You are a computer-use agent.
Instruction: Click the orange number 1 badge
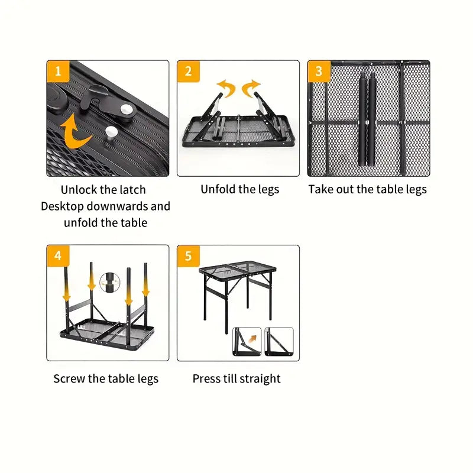(58, 72)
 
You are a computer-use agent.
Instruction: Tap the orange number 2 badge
(188, 72)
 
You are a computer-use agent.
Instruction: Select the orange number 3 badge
(319, 72)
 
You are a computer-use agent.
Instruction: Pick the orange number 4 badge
(58, 256)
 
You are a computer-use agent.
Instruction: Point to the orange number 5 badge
(188, 256)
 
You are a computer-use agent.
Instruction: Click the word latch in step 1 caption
(131, 190)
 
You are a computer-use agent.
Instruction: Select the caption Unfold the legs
(239, 190)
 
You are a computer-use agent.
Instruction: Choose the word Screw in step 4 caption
(69, 379)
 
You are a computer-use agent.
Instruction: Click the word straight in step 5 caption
(258, 379)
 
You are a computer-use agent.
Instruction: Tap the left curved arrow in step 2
(226, 89)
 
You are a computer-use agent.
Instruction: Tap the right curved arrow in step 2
(252, 88)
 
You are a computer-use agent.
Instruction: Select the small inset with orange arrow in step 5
(247, 342)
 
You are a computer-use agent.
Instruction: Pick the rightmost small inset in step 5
(278, 342)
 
